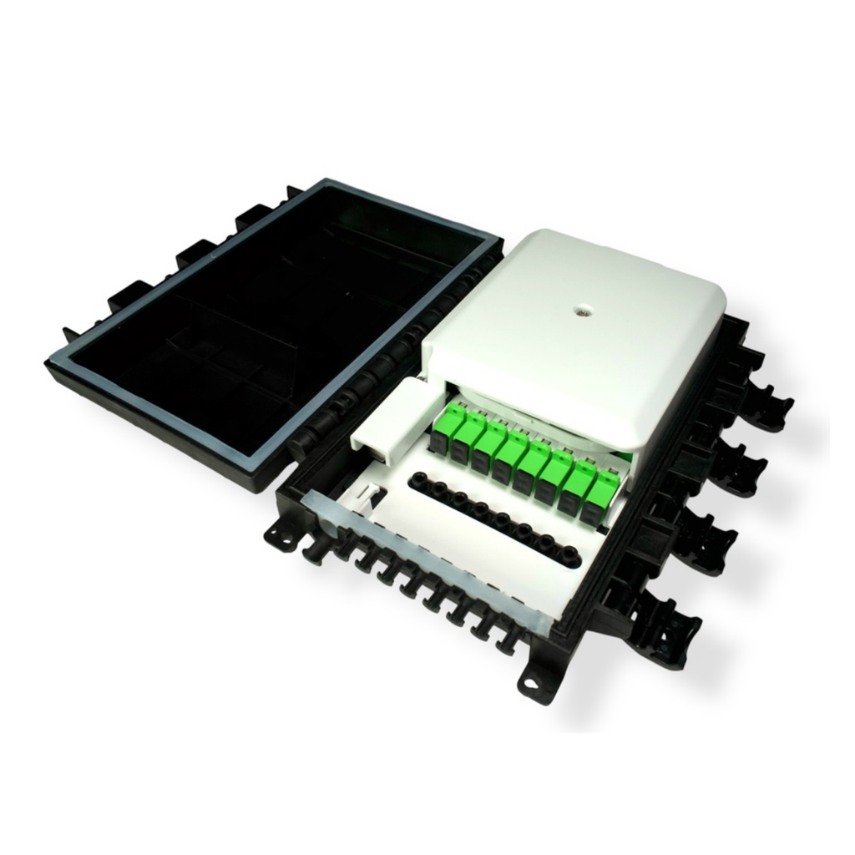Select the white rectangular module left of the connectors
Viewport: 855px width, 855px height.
pos(386,417)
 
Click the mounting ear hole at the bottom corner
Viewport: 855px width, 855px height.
pos(529,686)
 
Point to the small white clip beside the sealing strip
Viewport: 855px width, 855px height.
pos(367,502)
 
